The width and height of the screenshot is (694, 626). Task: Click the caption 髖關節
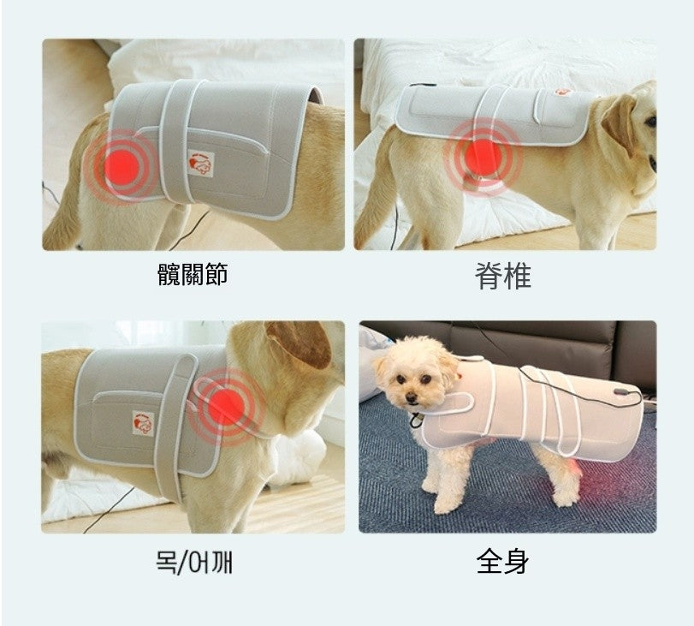tap(193, 275)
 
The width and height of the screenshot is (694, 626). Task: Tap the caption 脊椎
tap(503, 276)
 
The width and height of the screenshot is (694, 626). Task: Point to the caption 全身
tap(502, 562)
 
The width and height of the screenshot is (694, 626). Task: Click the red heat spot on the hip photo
tap(120, 162)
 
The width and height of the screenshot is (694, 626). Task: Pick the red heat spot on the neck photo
tap(227, 404)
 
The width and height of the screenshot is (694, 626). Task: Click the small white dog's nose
tap(412, 398)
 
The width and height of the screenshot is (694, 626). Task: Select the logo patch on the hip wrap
tap(198, 162)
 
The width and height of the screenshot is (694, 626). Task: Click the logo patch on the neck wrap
tap(143, 422)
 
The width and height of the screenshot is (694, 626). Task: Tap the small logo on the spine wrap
tap(562, 90)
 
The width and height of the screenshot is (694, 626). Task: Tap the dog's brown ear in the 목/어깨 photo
tap(300, 343)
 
